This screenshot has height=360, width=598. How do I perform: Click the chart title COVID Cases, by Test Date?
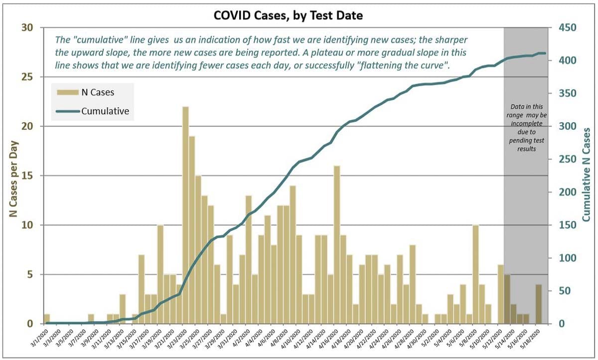coord(288,15)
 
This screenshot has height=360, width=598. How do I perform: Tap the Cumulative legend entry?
coord(105,111)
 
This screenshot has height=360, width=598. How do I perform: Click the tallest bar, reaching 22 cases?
coord(185,215)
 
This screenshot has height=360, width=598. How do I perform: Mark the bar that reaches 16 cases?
coord(337,244)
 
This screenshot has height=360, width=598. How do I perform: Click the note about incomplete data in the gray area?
coord(526,128)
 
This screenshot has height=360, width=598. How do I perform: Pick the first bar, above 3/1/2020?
coord(47,319)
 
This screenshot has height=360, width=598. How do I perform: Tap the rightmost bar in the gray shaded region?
coord(539,304)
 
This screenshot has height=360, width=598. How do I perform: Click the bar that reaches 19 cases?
coord(192,230)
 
